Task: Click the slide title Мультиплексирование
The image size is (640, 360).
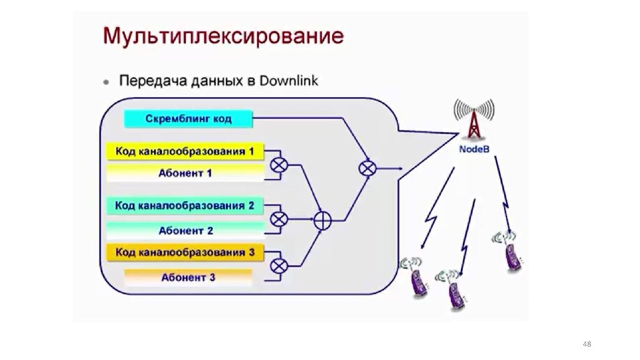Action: click(223, 35)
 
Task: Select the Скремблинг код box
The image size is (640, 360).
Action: click(188, 118)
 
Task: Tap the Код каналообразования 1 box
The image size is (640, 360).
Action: click(185, 151)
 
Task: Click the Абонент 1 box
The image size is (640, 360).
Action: click(185, 173)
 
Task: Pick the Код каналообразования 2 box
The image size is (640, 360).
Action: click(185, 206)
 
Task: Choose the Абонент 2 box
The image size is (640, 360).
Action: click(185, 231)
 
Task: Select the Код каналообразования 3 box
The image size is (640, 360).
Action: click(185, 252)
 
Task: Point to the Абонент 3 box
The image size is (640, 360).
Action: click(188, 277)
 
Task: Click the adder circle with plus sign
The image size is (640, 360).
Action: click(322, 219)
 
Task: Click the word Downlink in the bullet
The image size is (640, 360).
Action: click(289, 81)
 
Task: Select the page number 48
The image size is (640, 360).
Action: click(586, 344)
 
